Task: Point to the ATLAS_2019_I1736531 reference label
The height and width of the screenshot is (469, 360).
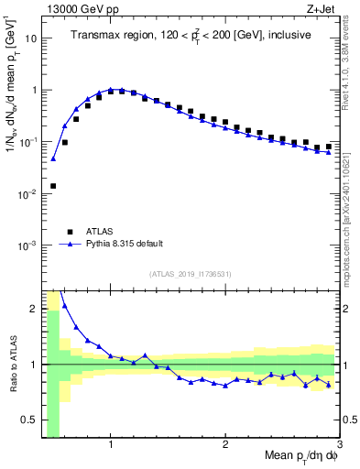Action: tap(191, 274)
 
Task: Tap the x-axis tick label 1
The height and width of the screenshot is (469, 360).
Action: tap(111, 444)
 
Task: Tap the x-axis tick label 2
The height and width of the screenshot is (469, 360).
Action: tap(225, 444)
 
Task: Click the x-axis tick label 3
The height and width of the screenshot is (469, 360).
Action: tap(339, 444)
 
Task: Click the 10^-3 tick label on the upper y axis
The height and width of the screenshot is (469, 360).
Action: tap(27, 245)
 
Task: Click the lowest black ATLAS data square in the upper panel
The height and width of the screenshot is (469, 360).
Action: tap(53, 186)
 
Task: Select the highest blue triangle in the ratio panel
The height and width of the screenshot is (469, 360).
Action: tap(64, 306)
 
